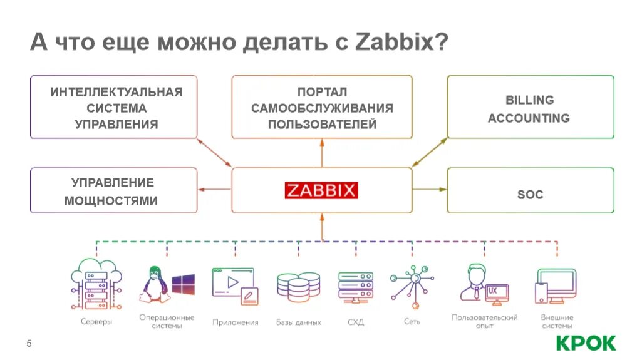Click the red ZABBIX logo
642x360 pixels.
(321, 190)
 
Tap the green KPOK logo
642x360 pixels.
(586, 342)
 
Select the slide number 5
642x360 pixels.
(29, 343)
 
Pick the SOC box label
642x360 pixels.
(530, 195)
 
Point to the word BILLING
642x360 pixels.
(529, 100)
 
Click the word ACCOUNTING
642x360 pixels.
(529, 118)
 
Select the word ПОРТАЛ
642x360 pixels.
(322, 92)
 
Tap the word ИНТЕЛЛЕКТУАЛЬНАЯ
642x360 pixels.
(116, 92)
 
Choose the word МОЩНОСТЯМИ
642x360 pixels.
(111, 201)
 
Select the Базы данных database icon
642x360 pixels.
(298, 287)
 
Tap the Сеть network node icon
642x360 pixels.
(412, 283)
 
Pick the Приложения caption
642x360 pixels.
(235, 322)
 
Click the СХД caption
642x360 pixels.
(355, 322)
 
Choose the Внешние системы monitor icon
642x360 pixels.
(556, 285)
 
